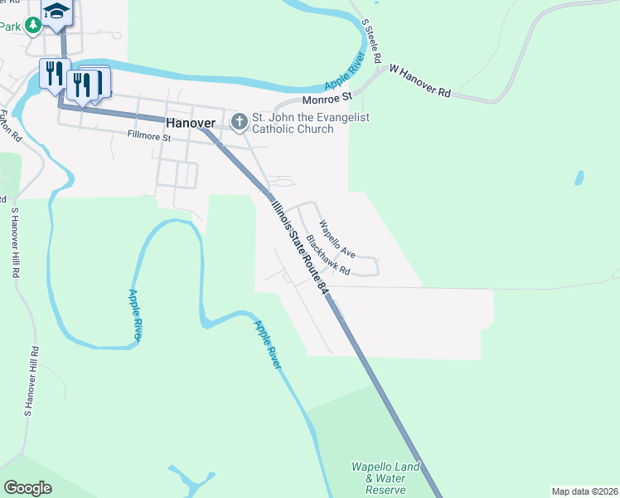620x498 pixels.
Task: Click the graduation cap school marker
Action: click(x=57, y=12)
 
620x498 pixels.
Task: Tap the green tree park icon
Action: click(x=33, y=27)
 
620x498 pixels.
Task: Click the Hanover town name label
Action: click(x=191, y=123)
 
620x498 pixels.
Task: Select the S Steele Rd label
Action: click(x=371, y=43)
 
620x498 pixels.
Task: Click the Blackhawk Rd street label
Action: click(x=328, y=256)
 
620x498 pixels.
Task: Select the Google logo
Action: click(x=27, y=488)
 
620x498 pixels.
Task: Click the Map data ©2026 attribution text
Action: click(x=584, y=491)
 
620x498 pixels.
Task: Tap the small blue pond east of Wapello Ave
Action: click(x=579, y=178)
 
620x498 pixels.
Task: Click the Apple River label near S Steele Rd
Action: click(x=346, y=71)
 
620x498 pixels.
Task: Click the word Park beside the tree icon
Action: click(x=10, y=27)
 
